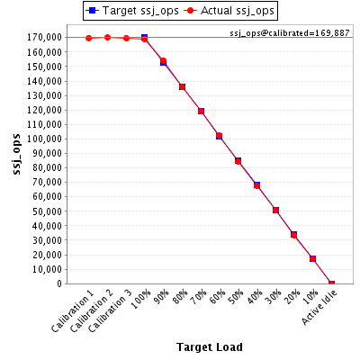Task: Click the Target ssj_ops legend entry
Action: pyautogui.click(x=132, y=11)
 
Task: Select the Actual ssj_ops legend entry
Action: pyautogui.click(x=229, y=11)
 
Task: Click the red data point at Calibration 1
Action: pyautogui.click(x=88, y=38)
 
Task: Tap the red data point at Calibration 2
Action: pyautogui.click(x=107, y=37)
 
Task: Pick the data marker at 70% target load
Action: pyautogui.click(x=201, y=112)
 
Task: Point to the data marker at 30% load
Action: pyautogui.click(x=275, y=211)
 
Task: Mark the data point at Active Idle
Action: pyautogui.click(x=331, y=283)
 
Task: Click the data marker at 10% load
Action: pyautogui.click(x=312, y=258)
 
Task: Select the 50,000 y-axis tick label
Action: pyautogui.click(x=47, y=211)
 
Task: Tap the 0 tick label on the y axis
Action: pyautogui.click(x=59, y=283)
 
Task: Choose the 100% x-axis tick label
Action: pyautogui.click(x=141, y=299)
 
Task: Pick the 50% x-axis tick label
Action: pyautogui.click(x=237, y=297)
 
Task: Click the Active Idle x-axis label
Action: pyautogui.click(x=319, y=308)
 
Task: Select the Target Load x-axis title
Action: pyautogui.click(x=210, y=347)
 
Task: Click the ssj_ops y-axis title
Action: pyautogui.click(x=17, y=155)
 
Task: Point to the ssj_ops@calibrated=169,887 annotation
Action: pyautogui.click(x=290, y=33)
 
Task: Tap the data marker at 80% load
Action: pyautogui.click(x=182, y=87)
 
